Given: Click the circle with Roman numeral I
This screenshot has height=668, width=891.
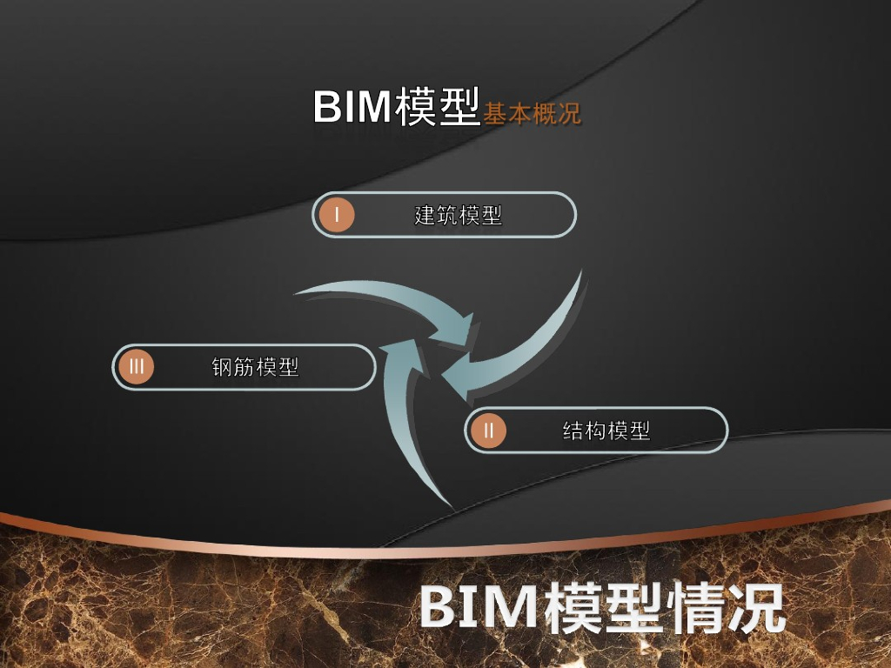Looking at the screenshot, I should (336, 215).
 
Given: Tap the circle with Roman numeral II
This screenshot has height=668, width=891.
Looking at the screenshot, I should (488, 430).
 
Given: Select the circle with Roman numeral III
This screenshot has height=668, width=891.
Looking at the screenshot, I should (136, 367).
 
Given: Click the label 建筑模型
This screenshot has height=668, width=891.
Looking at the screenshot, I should (458, 215).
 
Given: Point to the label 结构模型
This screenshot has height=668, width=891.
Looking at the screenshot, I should (606, 430).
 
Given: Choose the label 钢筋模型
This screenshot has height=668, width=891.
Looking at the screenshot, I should (255, 367).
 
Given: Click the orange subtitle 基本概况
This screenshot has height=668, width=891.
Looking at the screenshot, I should (533, 114).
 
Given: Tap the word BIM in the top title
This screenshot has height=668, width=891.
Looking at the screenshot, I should (351, 107).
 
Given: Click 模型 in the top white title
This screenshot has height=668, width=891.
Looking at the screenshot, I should (437, 107).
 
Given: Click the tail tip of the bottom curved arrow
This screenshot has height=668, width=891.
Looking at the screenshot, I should (450, 504).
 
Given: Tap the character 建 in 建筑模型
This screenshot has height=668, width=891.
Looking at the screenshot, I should (425, 215).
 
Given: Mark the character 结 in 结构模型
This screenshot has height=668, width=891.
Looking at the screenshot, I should (573, 430).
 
